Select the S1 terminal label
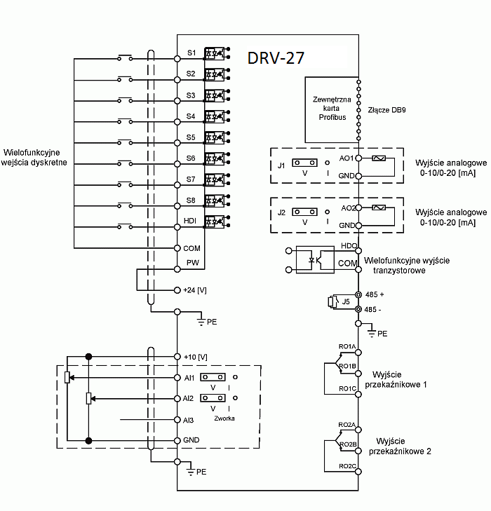pos(191,53)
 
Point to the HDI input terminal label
pos(190,222)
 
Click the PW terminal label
pos(191,262)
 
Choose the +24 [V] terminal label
pos(195,290)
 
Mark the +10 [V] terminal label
pos(195,357)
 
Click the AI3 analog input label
pos(188,420)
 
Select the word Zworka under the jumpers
pos(224,418)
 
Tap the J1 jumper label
pos(281,165)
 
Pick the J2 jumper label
pos(281,212)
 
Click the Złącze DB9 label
pos(386,111)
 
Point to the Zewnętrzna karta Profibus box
pos(330,109)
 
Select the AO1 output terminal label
pos(347,158)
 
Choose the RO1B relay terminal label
pos(347,366)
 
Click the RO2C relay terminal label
pos(347,466)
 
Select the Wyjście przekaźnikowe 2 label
pos(403,446)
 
